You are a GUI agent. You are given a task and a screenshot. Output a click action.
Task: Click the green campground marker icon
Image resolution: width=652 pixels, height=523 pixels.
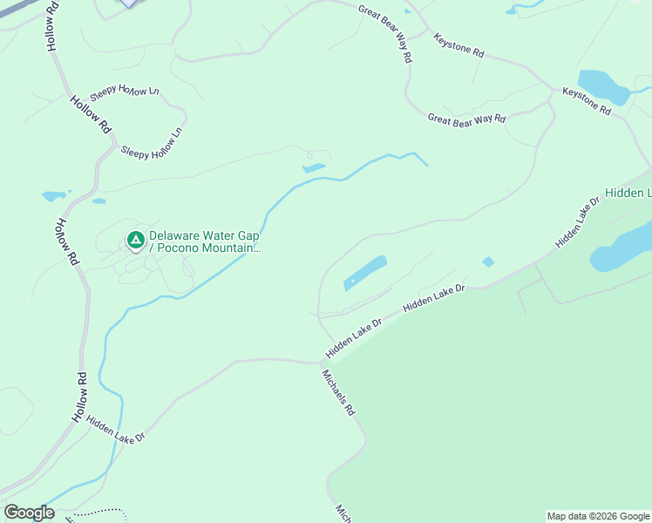(x=135, y=239)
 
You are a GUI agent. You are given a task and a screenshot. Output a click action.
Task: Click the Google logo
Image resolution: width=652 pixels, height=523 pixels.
(x=29, y=513)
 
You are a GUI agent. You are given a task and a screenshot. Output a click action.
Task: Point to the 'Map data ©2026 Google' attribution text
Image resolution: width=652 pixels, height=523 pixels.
(x=598, y=516)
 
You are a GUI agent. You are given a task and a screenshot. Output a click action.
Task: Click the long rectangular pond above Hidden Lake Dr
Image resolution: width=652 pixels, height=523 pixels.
(x=365, y=272)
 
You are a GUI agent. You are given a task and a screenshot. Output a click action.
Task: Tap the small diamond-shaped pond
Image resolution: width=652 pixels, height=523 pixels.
(x=488, y=261)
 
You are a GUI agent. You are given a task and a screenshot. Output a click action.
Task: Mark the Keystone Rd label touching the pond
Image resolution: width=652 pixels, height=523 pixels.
(x=587, y=102)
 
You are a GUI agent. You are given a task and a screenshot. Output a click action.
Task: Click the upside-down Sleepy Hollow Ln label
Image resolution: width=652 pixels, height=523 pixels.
(x=127, y=91)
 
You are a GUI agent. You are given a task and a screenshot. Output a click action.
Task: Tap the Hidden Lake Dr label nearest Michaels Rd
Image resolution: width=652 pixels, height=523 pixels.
(x=354, y=338)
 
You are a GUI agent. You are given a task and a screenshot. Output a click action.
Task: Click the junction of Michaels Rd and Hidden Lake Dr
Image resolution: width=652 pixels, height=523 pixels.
(x=322, y=363)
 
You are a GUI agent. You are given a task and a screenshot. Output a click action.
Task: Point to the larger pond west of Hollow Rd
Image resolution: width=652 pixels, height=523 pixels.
(x=54, y=196)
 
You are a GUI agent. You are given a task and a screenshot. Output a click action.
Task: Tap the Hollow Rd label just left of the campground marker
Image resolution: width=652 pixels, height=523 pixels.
(x=67, y=241)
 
